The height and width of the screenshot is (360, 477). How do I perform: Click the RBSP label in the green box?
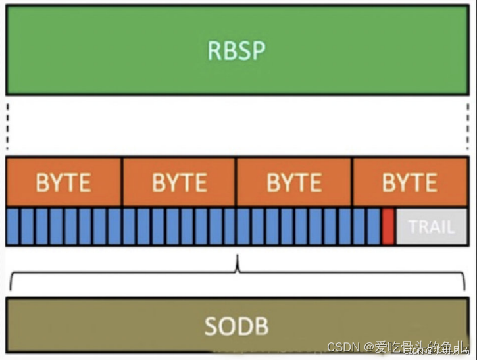tap(238, 51)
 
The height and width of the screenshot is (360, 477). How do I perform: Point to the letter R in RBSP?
tap(215, 51)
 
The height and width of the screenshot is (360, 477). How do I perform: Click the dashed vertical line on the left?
tap(7, 126)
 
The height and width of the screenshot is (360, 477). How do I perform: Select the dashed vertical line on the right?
tap(468, 126)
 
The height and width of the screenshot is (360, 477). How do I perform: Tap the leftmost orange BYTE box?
tap(64, 182)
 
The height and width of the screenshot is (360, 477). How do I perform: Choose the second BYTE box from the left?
tap(179, 182)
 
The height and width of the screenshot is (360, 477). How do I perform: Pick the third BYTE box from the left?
tap(294, 182)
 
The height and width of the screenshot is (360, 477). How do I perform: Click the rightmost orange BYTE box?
tap(409, 182)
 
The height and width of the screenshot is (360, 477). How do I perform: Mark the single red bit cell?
tap(388, 226)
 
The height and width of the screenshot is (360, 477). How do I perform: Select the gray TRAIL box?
tap(431, 226)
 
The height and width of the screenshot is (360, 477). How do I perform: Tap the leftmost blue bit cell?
tap(13, 226)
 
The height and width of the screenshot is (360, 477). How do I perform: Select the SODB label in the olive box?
tap(236, 326)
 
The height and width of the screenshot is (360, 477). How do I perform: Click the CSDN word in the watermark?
tap(342, 347)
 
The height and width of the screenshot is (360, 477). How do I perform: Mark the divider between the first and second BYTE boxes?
tap(122, 182)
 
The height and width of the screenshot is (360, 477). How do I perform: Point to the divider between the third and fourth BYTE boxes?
tap(352, 182)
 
